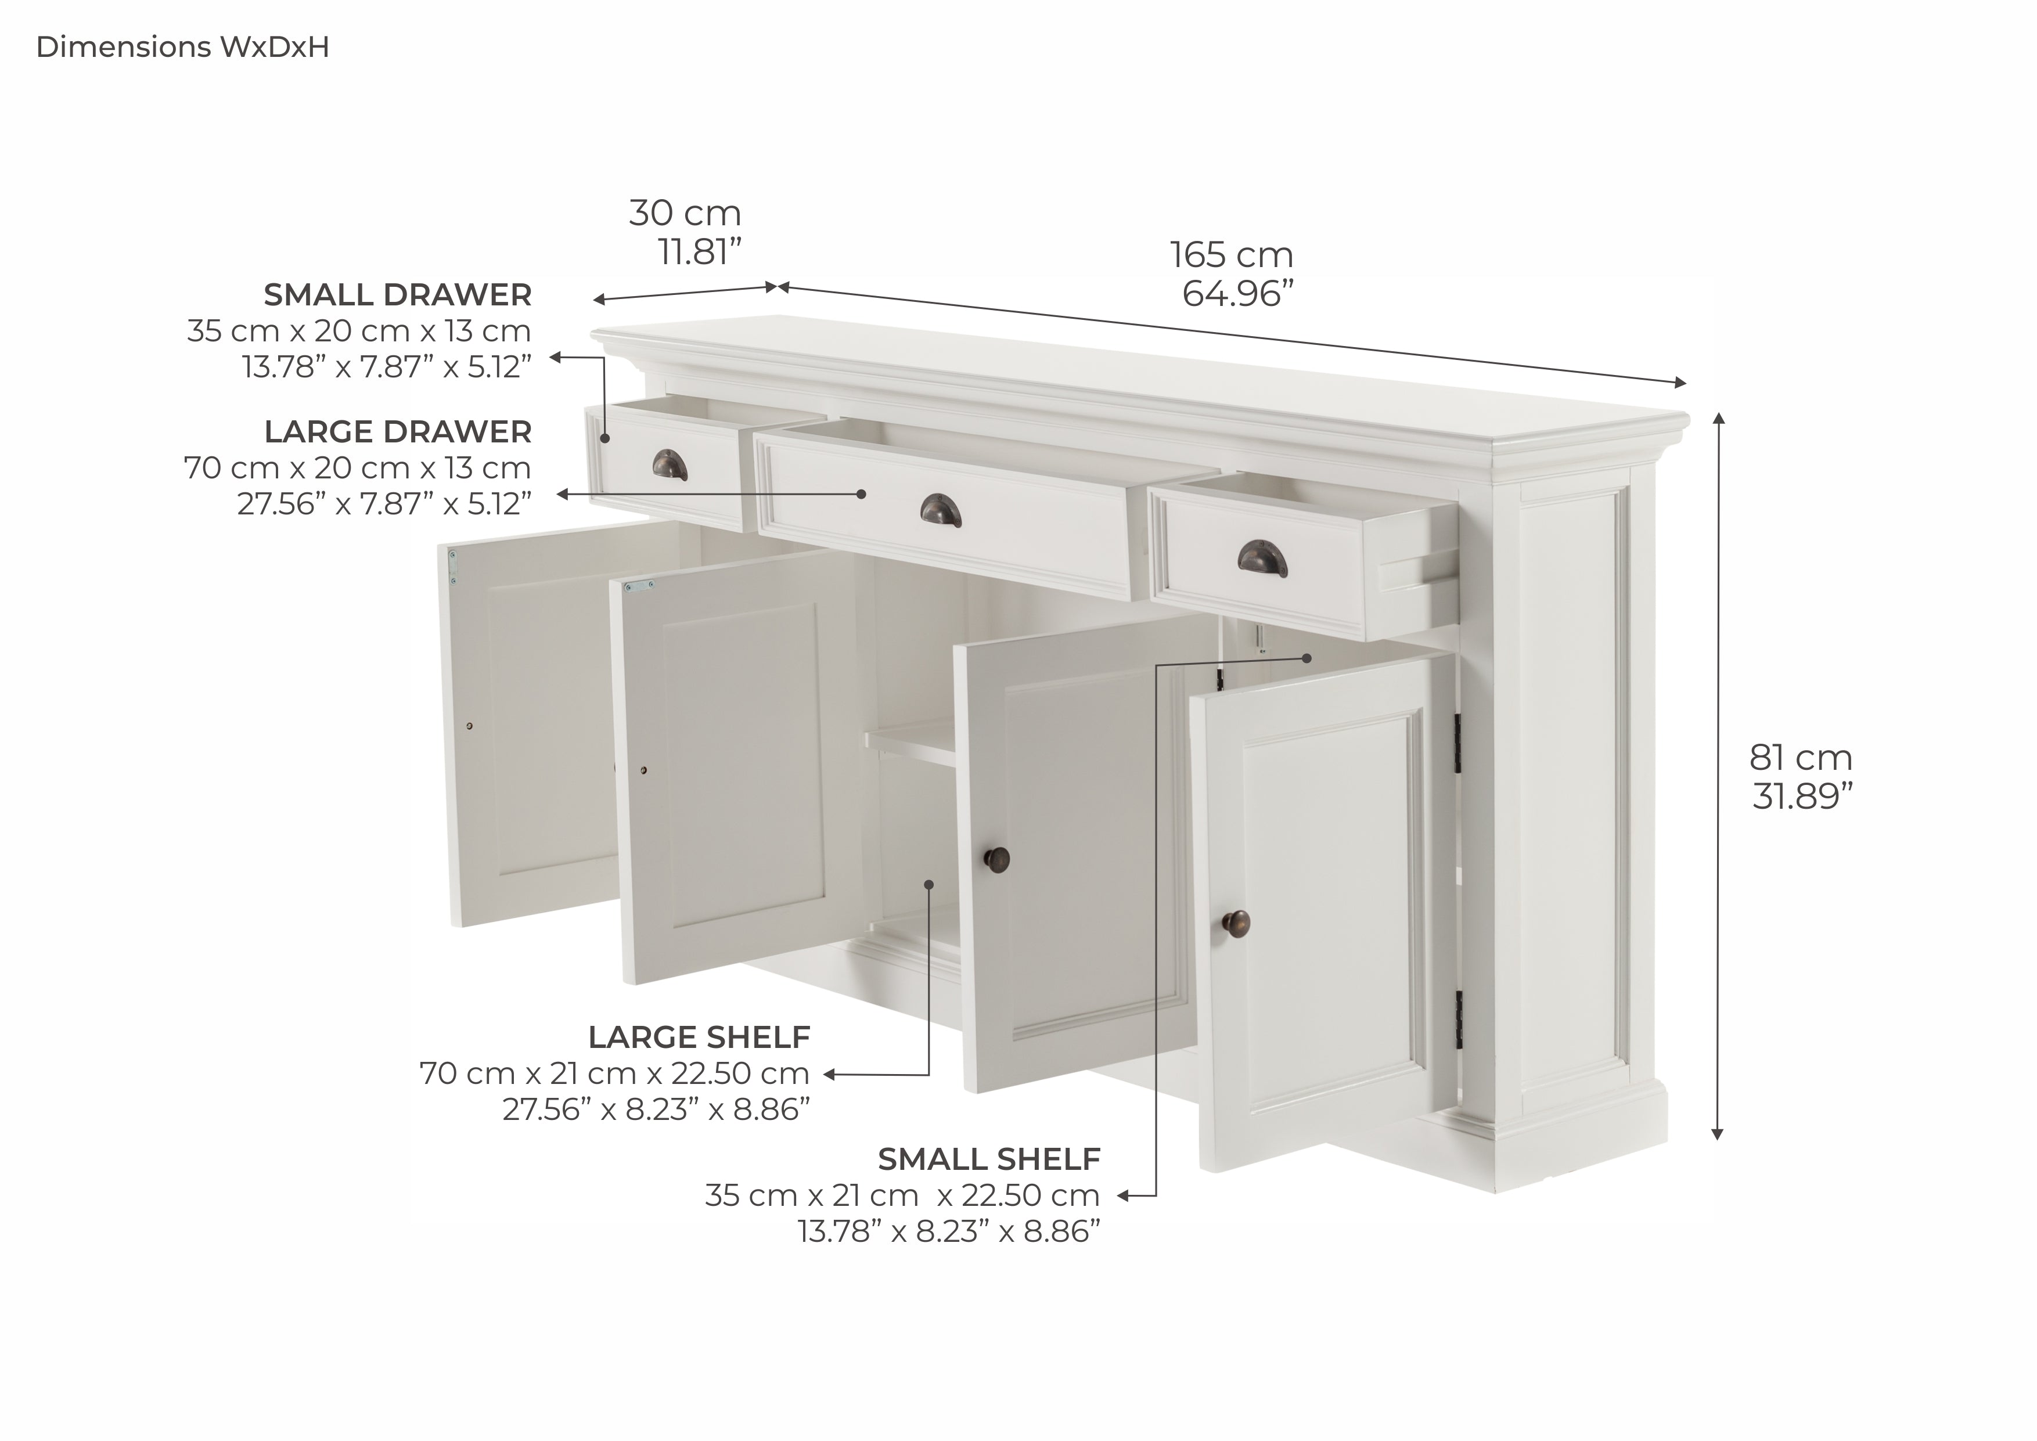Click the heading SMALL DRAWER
point(397,294)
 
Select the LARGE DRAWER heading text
point(397,432)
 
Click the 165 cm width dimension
point(1232,255)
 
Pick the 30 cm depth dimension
point(685,213)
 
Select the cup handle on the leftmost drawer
point(670,464)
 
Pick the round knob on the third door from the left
point(997,858)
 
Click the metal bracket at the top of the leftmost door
point(455,565)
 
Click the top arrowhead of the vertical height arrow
point(1718,419)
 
